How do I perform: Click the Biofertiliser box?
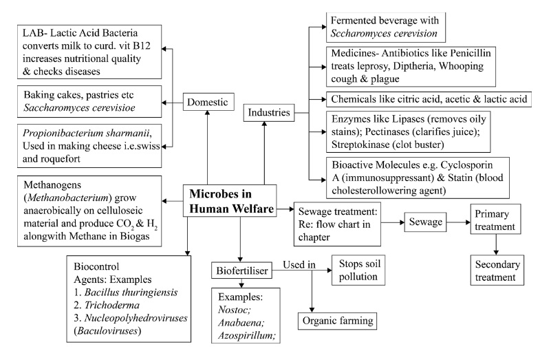pyautogui.click(x=240, y=271)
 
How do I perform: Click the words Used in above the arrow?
pyautogui.click(x=297, y=264)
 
